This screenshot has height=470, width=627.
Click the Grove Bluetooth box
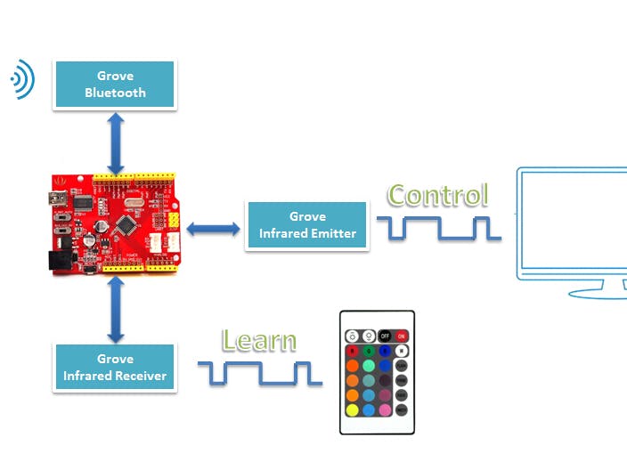pyautogui.click(x=115, y=85)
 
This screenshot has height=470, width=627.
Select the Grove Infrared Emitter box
pyautogui.click(x=307, y=225)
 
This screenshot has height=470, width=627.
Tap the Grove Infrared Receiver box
pyautogui.click(x=115, y=368)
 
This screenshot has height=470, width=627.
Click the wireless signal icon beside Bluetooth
pyautogui.click(x=21, y=80)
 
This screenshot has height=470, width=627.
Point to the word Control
pyautogui.click(x=438, y=195)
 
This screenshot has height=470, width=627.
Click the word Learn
pyautogui.click(x=259, y=340)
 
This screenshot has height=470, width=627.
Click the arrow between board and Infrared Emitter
pyautogui.click(x=215, y=229)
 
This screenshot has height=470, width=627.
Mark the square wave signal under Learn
pyautogui.click(x=259, y=373)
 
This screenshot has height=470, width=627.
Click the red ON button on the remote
pyautogui.click(x=401, y=336)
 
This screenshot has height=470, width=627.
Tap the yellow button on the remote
pyautogui.click(x=353, y=410)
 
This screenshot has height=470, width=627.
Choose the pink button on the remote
pyautogui.click(x=385, y=410)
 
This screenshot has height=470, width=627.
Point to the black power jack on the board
pyautogui.click(x=59, y=259)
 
